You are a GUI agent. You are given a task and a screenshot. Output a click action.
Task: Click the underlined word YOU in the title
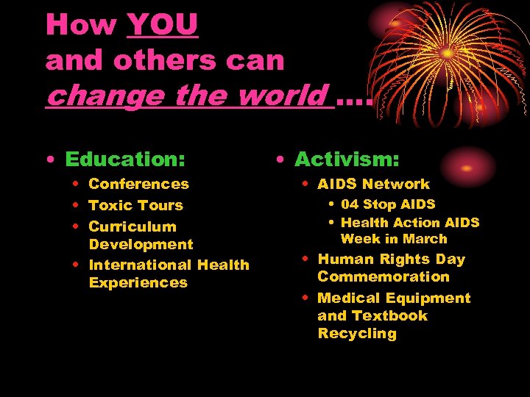point(162,24)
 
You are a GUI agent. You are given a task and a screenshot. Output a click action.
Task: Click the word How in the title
point(80,24)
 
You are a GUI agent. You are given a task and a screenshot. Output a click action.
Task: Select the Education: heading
point(124,159)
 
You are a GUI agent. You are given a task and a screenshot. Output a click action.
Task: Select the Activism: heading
point(347,159)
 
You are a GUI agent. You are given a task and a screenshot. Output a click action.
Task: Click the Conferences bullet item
point(138,184)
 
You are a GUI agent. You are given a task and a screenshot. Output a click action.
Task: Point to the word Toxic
point(110,205)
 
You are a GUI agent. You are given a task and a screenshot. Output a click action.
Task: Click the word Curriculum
point(132,226)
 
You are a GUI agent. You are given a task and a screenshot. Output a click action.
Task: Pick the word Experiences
point(138,282)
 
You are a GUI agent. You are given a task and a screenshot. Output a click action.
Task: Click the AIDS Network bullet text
point(373,184)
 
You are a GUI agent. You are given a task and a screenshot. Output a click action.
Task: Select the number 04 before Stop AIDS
point(350,204)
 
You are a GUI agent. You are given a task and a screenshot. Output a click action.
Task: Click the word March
point(425,239)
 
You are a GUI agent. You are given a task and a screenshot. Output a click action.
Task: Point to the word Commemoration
point(383,276)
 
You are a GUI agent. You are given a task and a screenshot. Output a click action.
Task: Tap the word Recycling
point(356,333)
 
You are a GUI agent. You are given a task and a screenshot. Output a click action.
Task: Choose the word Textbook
point(389,315)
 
